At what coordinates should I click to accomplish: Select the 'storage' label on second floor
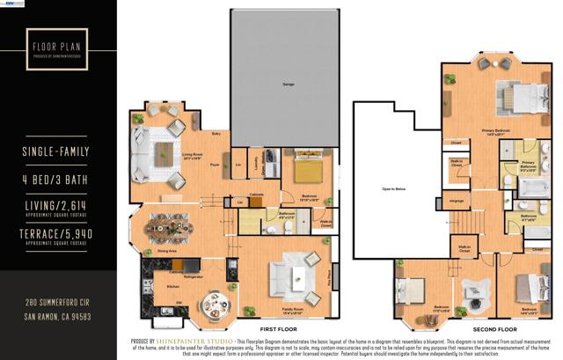pyautogui.click(x=457, y=200)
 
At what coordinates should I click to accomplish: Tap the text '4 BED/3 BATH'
pyautogui.click(x=57, y=178)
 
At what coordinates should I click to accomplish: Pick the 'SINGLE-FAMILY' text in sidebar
pyautogui.click(x=57, y=152)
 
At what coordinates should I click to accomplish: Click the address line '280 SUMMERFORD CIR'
pyautogui.click(x=57, y=302)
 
